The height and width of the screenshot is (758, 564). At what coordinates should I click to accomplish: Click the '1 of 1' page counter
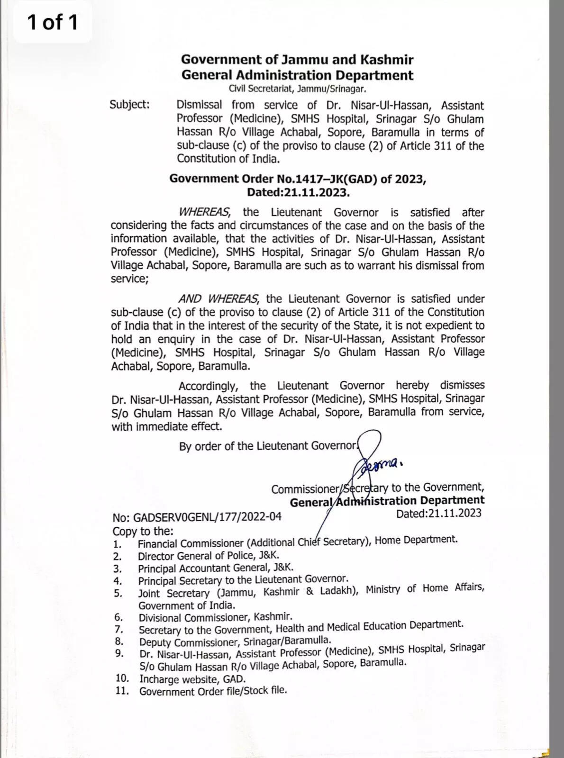(52, 22)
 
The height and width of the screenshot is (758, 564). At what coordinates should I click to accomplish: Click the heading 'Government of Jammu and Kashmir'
(297, 60)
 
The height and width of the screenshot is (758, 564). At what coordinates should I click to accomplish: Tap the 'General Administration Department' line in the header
(297, 75)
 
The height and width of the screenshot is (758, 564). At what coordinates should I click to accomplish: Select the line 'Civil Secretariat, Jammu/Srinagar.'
(297, 89)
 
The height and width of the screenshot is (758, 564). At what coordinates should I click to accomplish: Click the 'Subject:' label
(129, 104)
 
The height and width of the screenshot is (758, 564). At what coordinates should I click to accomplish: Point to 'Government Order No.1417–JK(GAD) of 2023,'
(298, 179)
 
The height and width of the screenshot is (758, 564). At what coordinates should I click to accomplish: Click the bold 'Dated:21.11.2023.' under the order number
(298, 192)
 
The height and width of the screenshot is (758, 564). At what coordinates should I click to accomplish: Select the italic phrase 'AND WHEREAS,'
(218, 299)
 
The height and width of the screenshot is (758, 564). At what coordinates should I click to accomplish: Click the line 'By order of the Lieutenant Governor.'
(269, 446)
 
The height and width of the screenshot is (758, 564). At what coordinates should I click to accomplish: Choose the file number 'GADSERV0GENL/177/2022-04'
(207, 517)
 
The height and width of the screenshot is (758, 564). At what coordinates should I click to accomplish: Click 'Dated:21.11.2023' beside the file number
(438, 514)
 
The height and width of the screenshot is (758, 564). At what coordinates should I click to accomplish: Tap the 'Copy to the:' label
(143, 531)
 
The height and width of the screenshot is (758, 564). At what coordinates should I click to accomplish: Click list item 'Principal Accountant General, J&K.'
(216, 568)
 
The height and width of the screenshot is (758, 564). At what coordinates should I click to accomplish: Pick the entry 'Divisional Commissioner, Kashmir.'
(215, 617)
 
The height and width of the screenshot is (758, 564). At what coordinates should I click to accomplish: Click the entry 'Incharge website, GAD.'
(192, 679)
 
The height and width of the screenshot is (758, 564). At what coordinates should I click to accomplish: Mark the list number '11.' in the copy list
(122, 691)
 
